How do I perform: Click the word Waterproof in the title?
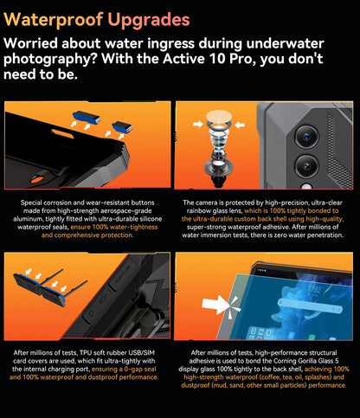click(x=54, y=20)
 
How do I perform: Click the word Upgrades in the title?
click(x=149, y=20)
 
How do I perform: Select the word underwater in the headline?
click(x=286, y=43)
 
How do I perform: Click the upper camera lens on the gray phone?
click(x=306, y=136)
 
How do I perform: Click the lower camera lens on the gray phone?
click(x=306, y=166)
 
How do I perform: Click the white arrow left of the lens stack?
click(x=198, y=125)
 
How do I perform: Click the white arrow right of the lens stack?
click(x=240, y=125)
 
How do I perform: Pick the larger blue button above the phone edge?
click(x=87, y=118)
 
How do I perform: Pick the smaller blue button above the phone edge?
click(x=122, y=127)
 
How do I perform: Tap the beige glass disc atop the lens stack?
click(x=219, y=116)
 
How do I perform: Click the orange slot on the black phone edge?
click(x=62, y=133)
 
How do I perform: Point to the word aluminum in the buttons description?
click(x=28, y=219)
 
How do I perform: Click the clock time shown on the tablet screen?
click(x=314, y=289)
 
